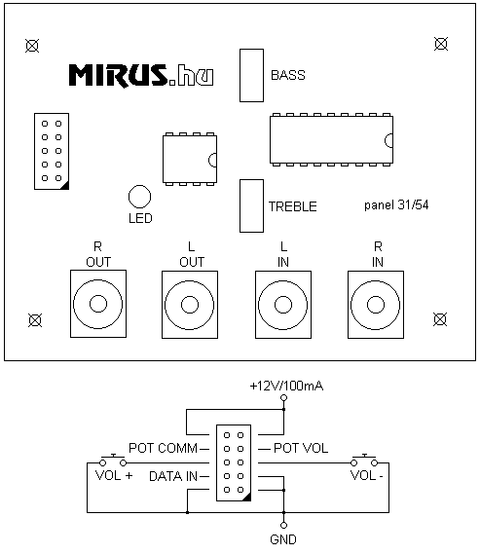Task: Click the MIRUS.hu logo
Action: pos(141,75)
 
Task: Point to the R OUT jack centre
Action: pos(98,304)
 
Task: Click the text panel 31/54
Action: pos(396,204)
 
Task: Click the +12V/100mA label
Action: pos(286,386)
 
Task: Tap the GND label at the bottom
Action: pos(283,539)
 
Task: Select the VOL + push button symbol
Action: pos(113,461)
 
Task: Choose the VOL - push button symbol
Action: pos(364,461)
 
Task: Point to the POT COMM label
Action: pos(164,448)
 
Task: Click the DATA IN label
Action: pos(173,476)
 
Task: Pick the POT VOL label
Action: pos(301,448)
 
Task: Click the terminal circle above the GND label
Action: pos(283,525)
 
